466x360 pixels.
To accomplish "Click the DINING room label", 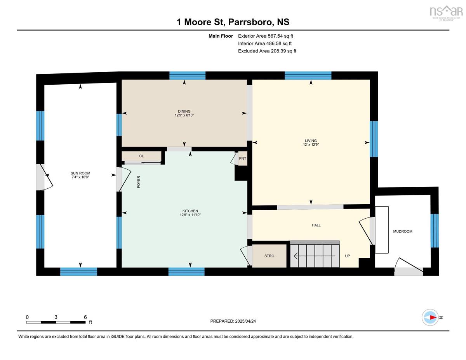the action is pyautogui.click(x=184, y=111).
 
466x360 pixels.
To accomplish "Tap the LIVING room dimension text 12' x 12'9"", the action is pyautogui.click(x=311, y=144).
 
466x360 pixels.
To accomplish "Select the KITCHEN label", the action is pyautogui.click(x=190, y=211).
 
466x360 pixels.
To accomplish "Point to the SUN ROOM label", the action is pyautogui.click(x=80, y=173).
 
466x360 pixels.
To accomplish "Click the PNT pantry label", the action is pyautogui.click(x=243, y=158).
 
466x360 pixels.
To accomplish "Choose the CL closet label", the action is pyautogui.click(x=141, y=156).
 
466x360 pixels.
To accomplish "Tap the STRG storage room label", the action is pyautogui.click(x=269, y=256).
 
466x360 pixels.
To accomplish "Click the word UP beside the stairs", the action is pyautogui.click(x=348, y=256).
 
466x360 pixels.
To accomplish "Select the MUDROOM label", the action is pyautogui.click(x=403, y=231).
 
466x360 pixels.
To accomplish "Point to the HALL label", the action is pyautogui.click(x=316, y=225).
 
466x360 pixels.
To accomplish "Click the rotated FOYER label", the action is pyautogui.click(x=139, y=182).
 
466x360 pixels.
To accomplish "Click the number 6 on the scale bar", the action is pyautogui.click(x=85, y=317).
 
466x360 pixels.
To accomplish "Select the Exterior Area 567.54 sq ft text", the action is pyautogui.click(x=266, y=36).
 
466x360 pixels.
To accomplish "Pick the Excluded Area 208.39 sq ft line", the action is pyautogui.click(x=267, y=51).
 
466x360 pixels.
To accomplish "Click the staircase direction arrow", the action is pyautogui.click(x=315, y=256).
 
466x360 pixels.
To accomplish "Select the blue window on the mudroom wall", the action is pyautogui.click(x=435, y=231).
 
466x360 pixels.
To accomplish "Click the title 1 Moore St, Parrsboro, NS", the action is pyautogui.click(x=233, y=22).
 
